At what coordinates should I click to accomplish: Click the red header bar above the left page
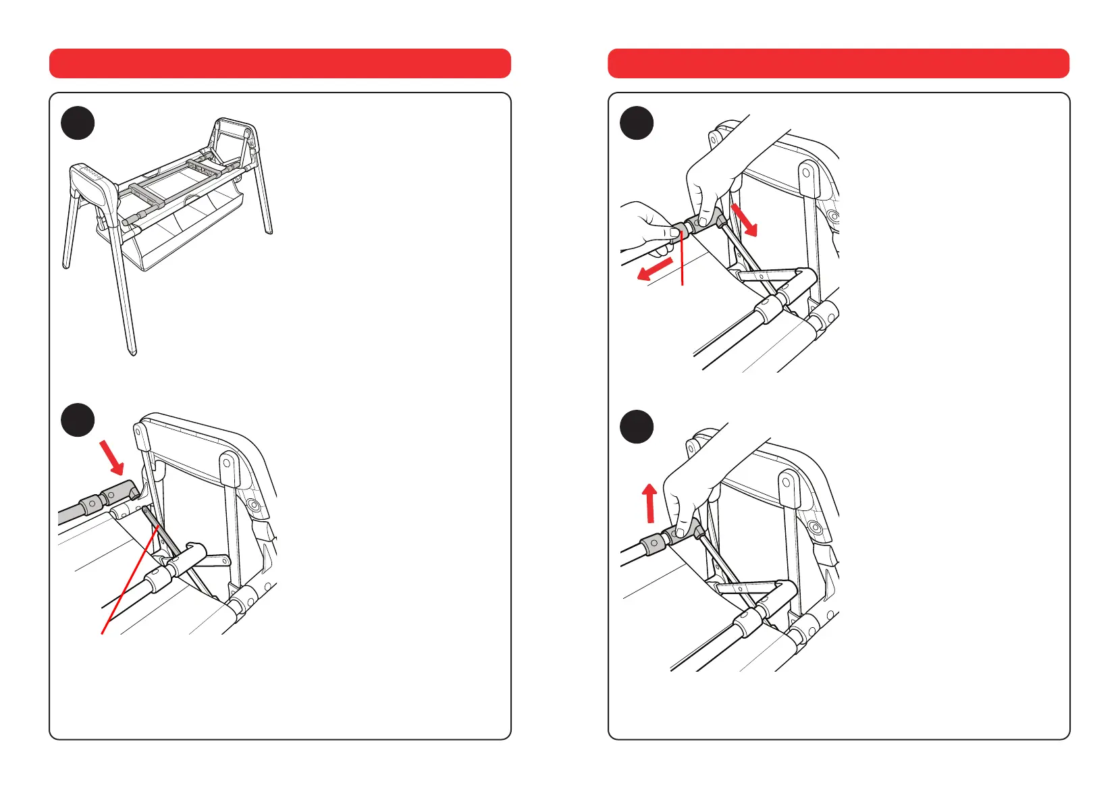click(x=279, y=63)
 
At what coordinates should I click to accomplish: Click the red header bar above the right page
click(x=838, y=63)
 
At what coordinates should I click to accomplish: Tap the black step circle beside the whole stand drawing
click(x=78, y=123)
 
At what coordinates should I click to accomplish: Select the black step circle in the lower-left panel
click(x=78, y=420)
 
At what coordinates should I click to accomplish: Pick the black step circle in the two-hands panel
click(x=636, y=123)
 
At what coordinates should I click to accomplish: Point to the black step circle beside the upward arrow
click(x=636, y=427)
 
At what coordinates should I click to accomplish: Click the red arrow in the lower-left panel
click(x=112, y=458)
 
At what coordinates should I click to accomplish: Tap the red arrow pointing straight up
click(x=649, y=503)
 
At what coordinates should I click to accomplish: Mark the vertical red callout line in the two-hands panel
click(x=684, y=260)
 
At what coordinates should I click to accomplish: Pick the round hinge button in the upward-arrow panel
click(x=814, y=527)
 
